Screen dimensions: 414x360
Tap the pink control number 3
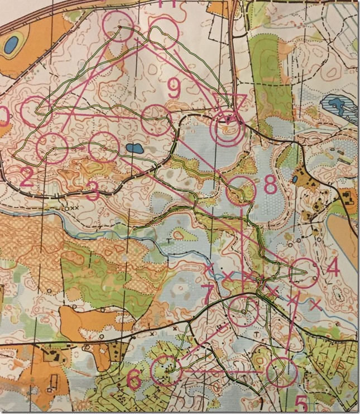coord(93,193)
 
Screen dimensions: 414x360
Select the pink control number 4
coord(333,267)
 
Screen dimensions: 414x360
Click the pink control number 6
coord(135,379)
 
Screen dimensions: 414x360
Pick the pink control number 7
coord(207,295)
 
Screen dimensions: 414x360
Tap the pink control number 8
coord(270,185)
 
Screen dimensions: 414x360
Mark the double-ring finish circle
coord(225,130)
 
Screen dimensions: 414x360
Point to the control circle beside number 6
coord(167,370)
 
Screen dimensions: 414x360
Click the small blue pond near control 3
coord(133,149)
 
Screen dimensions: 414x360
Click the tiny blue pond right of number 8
coord(294,180)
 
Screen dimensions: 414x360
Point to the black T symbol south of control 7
coord(256,334)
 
